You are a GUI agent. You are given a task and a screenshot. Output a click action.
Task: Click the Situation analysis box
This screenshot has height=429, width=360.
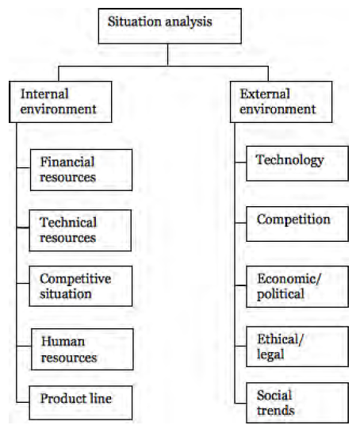click(x=170, y=26)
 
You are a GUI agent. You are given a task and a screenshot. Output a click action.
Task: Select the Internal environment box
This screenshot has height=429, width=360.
click(x=60, y=102)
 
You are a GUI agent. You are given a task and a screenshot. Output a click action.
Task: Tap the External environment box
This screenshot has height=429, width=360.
click(x=281, y=102)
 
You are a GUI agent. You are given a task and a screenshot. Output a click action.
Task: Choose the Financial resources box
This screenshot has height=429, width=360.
click(x=81, y=170)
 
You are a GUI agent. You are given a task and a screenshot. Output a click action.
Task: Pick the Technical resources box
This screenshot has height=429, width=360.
click(x=80, y=231)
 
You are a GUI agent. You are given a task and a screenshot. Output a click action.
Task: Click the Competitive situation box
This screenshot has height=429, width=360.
click(x=81, y=286)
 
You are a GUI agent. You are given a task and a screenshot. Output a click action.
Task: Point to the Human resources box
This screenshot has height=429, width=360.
click(x=82, y=350)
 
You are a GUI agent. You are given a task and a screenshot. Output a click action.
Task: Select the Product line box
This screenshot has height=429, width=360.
click(x=81, y=403)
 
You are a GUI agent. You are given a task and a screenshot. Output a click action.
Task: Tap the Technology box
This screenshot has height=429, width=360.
click(x=297, y=163)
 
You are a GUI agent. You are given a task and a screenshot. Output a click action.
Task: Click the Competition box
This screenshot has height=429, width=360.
click(x=297, y=224)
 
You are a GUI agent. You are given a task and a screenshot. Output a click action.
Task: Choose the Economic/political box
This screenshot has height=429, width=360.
click(x=297, y=287)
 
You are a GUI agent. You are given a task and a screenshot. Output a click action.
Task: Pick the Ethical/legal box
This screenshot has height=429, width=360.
click(x=297, y=347)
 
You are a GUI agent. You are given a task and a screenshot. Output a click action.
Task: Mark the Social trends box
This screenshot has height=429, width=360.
click(x=297, y=403)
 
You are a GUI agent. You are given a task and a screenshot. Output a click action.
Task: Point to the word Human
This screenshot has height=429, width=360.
click(x=63, y=342)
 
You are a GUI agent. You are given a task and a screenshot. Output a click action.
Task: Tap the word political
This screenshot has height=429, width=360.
click(x=281, y=294)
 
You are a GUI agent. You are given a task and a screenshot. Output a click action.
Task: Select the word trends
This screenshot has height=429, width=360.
click(x=276, y=411)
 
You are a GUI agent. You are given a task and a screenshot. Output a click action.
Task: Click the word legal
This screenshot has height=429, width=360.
click(x=270, y=354)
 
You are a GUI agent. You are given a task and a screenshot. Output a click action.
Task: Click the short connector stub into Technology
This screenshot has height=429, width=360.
click(x=240, y=163)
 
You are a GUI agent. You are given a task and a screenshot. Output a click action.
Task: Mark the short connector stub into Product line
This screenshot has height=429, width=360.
click(x=23, y=403)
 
